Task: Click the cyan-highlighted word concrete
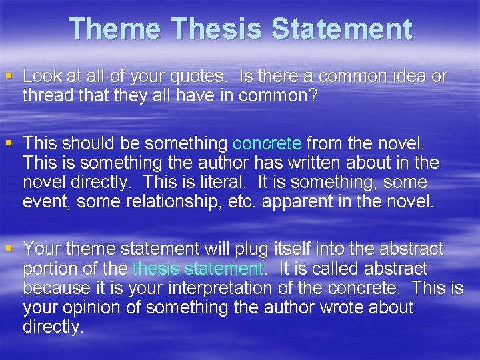click(x=267, y=143)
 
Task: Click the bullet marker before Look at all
click(x=9, y=76)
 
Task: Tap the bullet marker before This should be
click(x=9, y=143)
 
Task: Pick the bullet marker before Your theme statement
click(x=9, y=249)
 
